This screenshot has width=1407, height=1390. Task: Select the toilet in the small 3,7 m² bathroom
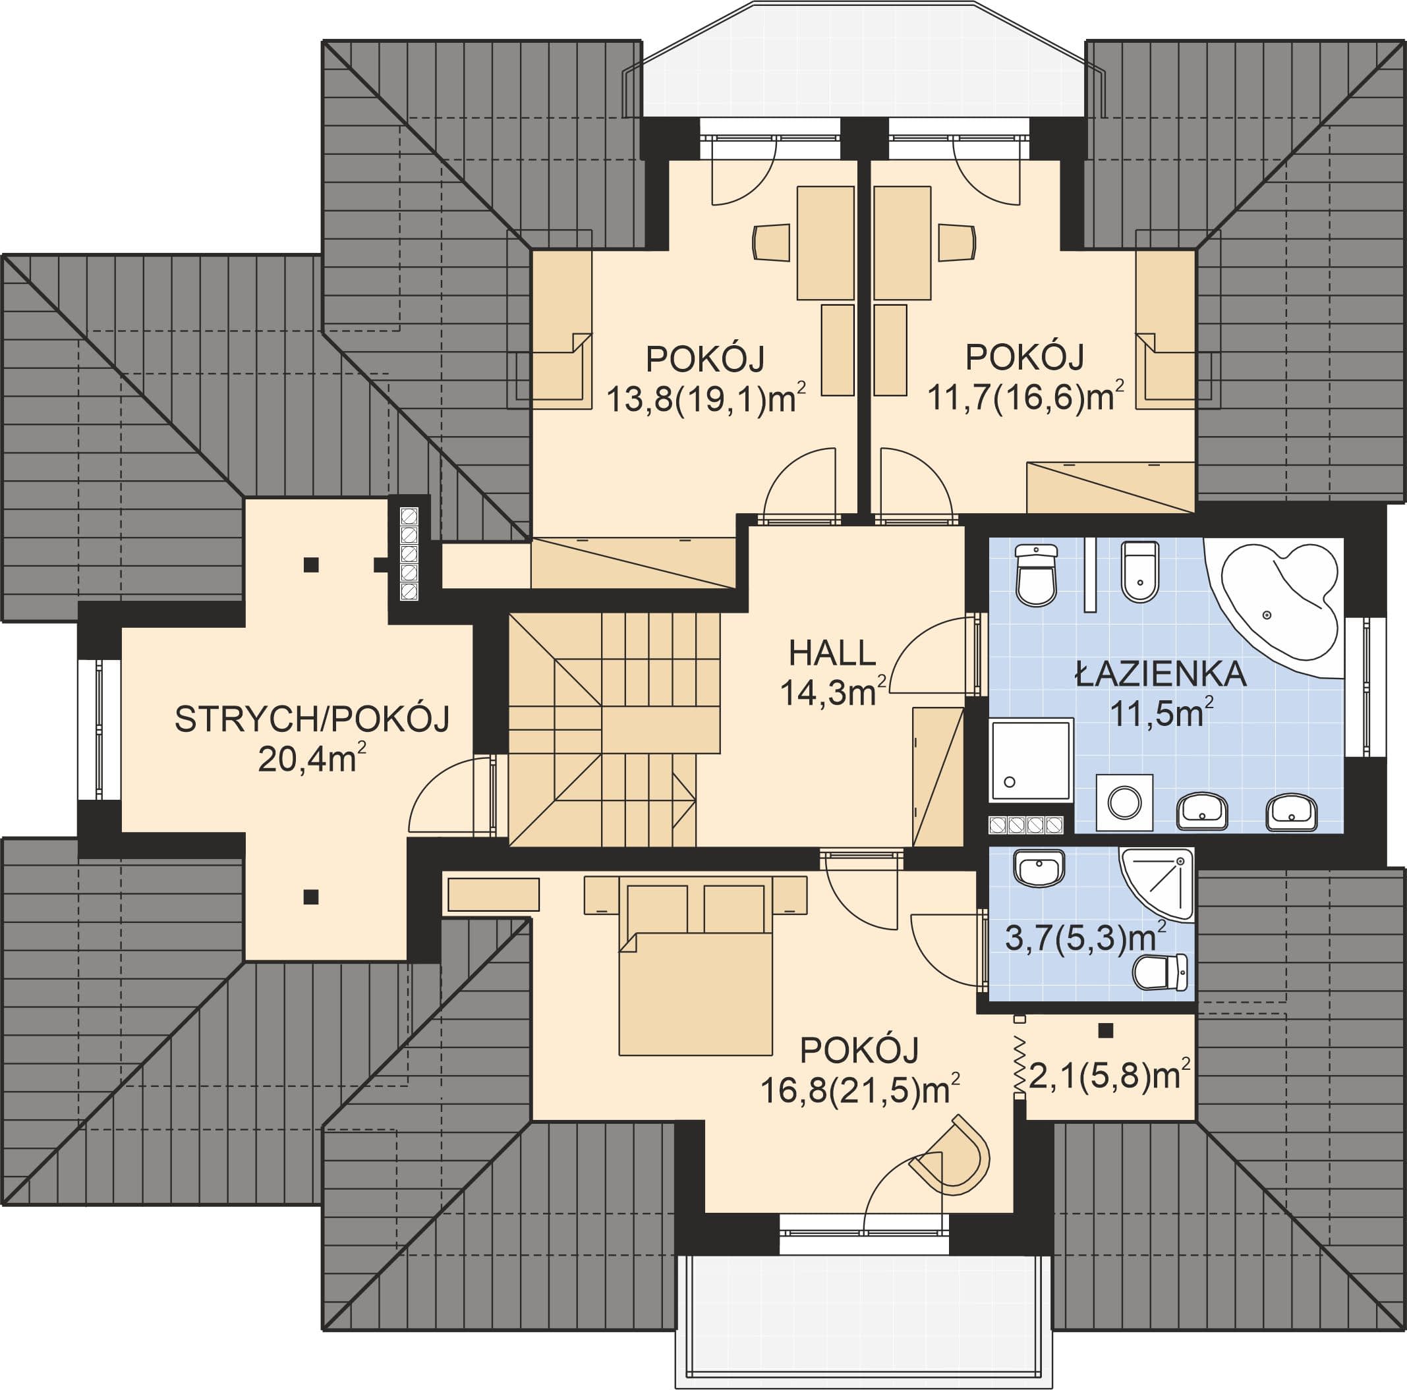(x=1161, y=972)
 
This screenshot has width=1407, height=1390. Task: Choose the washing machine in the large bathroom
(x=1125, y=802)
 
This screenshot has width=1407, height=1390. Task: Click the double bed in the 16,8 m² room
(x=695, y=966)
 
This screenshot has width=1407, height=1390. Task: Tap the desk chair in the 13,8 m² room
(x=771, y=242)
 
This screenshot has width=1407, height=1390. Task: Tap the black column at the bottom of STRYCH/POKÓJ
(x=311, y=897)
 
